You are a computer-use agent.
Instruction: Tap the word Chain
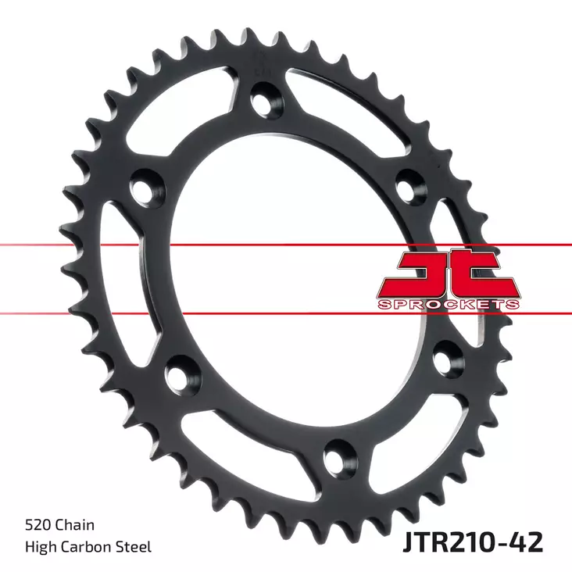point(74,525)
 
